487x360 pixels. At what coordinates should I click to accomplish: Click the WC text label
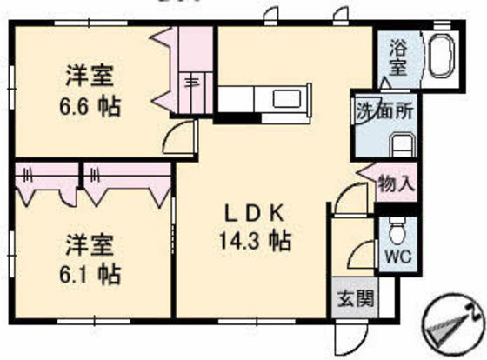[395, 258]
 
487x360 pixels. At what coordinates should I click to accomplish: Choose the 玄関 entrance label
[355, 299]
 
